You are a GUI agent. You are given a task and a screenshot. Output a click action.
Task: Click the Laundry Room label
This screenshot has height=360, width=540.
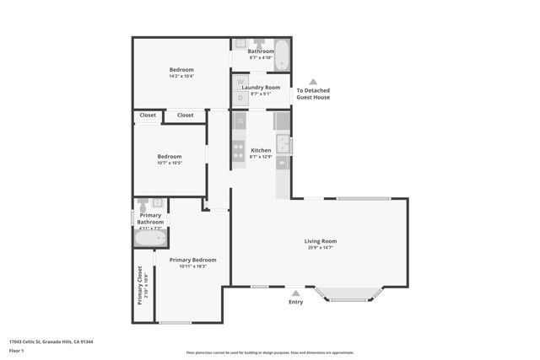pyautogui.click(x=261, y=88)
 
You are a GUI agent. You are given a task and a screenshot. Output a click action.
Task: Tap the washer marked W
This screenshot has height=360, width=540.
pyautogui.click(x=240, y=83)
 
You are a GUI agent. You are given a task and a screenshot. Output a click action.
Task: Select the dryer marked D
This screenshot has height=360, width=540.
pyautogui.click(x=240, y=98)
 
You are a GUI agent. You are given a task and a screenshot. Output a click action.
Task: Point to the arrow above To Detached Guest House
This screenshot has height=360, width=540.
pyautogui.click(x=312, y=82)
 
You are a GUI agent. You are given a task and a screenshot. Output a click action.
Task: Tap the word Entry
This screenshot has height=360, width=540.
pyautogui.click(x=296, y=302)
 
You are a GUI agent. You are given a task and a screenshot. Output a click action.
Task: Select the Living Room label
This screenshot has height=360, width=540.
pyautogui.click(x=321, y=241)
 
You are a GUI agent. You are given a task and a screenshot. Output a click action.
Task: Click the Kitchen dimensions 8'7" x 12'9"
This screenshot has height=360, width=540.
pyautogui.click(x=262, y=157)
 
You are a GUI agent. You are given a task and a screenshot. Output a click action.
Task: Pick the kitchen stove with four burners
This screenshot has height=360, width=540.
pyautogui.click(x=240, y=150)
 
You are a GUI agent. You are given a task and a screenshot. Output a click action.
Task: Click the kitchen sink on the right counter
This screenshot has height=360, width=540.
pyautogui.click(x=284, y=145)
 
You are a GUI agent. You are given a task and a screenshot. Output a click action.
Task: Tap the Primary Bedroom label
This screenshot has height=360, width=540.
pyautogui.click(x=192, y=260)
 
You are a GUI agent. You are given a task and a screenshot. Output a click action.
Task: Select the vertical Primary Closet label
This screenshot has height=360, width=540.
pyautogui.click(x=140, y=287)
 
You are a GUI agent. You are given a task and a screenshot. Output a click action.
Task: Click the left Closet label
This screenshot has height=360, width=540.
pyautogui.click(x=148, y=115)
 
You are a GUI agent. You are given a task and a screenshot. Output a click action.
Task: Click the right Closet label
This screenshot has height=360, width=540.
pyautogui.click(x=185, y=115)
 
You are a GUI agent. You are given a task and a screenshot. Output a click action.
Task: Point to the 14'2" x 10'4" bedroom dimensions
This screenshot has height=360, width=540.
pyautogui.click(x=181, y=77)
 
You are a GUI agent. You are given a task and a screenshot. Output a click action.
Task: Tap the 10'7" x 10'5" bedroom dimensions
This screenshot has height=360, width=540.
pyautogui.click(x=170, y=163)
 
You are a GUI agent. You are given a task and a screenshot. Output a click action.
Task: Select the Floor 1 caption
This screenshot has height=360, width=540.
pyautogui.click(x=16, y=350)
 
